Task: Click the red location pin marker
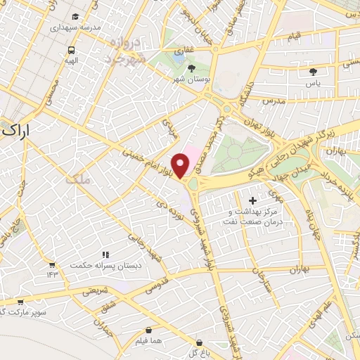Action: click(181, 166)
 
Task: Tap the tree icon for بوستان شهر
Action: click(193, 67)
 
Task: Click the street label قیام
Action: click(295, 34)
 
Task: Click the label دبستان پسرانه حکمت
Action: click(98, 265)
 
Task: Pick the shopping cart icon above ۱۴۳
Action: click(52, 264)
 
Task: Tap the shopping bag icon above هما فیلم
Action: click(148, 330)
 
